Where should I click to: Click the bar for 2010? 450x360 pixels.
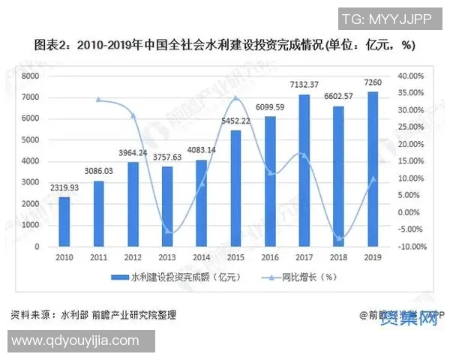(x=64, y=221)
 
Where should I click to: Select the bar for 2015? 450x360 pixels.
(x=235, y=188)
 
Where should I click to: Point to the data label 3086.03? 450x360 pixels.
(x=97, y=172)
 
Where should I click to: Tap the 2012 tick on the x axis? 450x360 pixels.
(x=133, y=256)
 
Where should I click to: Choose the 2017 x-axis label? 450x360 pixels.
(x=304, y=256)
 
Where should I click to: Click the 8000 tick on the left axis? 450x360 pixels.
(x=30, y=76)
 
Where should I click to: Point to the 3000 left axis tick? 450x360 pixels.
(x=30, y=182)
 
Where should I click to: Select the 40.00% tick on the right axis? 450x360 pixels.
(x=412, y=76)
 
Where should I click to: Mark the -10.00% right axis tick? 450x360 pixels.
(x=412, y=246)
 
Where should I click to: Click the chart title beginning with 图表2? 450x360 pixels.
(x=225, y=46)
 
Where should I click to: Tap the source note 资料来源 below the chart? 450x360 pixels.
(x=94, y=313)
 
